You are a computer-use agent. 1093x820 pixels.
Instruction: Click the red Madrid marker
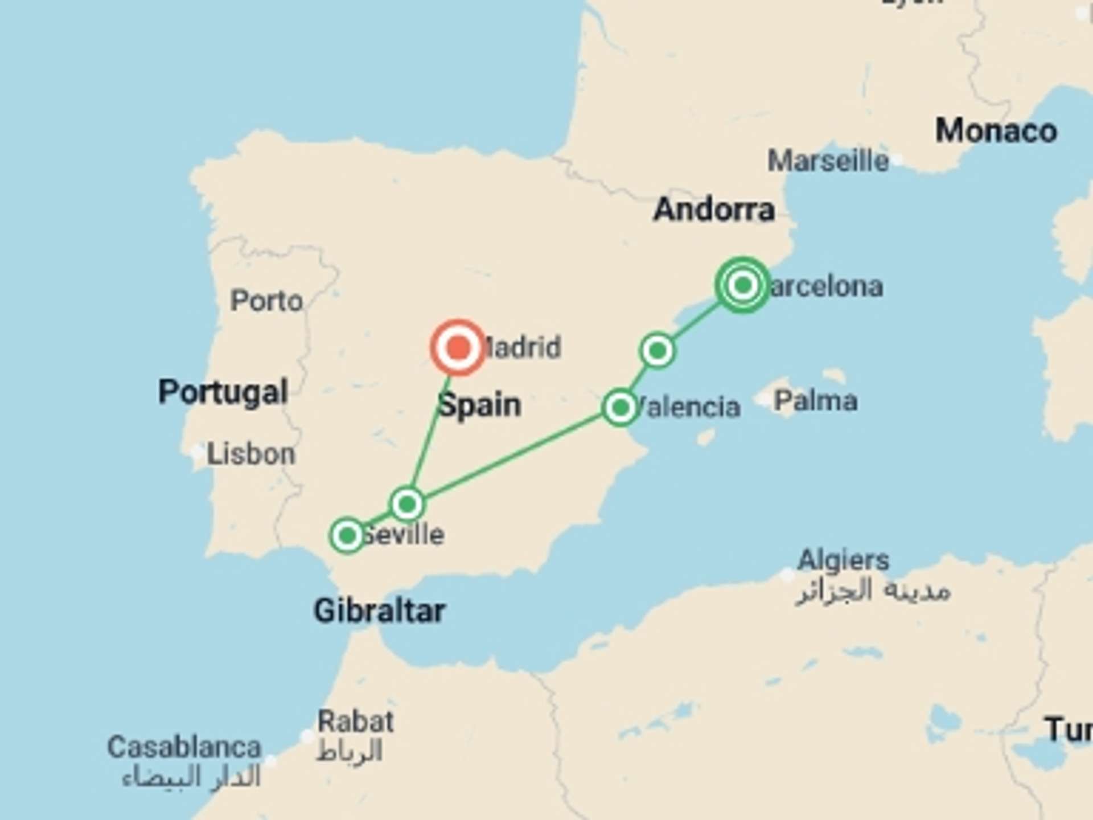[x=458, y=347]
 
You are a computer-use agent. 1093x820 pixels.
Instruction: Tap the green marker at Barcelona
[x=742, y=285]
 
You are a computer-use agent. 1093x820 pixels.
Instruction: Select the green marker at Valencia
[x=620, y=407]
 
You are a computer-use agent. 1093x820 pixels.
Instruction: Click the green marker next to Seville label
[x=347, y=535]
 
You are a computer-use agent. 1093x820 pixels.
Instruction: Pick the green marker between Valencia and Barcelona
[x=658, y=350]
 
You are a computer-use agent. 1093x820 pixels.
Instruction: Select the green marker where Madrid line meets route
[x=407, y=504]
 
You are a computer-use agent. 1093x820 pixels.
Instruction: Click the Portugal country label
[x=223, y=392]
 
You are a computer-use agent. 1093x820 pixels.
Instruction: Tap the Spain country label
[x=479, y=405]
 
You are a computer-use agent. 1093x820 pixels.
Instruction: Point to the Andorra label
[x=714, y=210]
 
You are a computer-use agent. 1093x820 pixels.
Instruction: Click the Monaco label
[x=996, y=131]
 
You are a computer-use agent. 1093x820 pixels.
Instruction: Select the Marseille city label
[x=828, y=161]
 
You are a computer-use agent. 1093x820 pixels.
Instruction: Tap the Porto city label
[x=266, y=301]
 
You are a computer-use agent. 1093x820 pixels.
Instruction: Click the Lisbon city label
[x=250, y=454]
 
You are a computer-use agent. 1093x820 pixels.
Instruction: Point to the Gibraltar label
[x=379, y=611]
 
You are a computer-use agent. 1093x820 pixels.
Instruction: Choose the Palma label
[x=815, y=401]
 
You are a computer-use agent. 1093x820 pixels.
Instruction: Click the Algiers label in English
[x=843, y=560]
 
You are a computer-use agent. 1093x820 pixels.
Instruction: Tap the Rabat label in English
[x=355, y=722]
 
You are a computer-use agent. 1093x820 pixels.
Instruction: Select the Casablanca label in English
[x=184, y=747]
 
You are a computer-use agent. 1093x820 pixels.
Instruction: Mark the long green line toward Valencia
[x=512, y=456]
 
